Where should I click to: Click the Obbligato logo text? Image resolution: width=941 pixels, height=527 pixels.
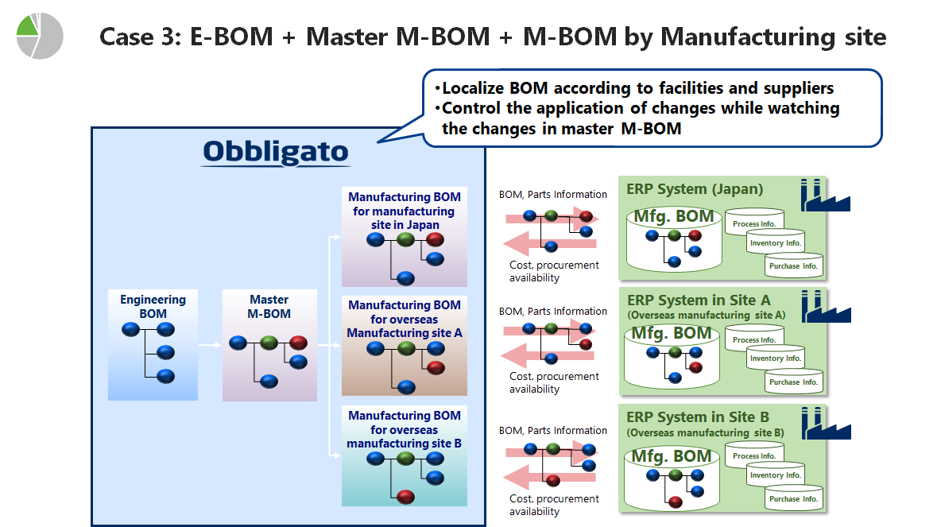[x=276, y=152]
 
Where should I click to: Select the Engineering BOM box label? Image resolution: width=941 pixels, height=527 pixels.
[x=153, y=306]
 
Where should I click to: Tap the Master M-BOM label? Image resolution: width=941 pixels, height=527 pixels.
[x=269, y=306]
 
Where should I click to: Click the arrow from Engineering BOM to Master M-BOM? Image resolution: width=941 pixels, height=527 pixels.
[x=210, y=345]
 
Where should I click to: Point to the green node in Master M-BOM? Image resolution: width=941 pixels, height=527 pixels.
[x=269, y=343]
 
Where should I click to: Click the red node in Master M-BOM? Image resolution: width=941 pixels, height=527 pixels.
[x=298, y=343]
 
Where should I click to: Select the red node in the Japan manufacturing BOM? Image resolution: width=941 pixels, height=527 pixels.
[x=435, y=239]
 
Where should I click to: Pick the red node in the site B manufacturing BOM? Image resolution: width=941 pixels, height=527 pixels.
[x=405, y=496]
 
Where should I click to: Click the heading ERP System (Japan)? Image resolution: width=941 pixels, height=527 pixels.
[x=695, y=189]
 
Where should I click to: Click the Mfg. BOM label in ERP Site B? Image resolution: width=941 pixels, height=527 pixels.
[x=672, y=456]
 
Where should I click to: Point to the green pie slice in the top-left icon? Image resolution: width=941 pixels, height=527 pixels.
[x=27, y=27]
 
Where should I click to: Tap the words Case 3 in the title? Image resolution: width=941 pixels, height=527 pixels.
[x=140, y=37]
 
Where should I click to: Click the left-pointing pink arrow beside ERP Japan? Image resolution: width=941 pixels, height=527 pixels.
[x=550, y=244]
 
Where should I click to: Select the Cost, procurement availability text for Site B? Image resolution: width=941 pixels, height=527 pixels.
[x=554, y=505]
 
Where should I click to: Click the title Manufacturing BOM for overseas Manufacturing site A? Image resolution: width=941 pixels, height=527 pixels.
[x=405, y=319]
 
